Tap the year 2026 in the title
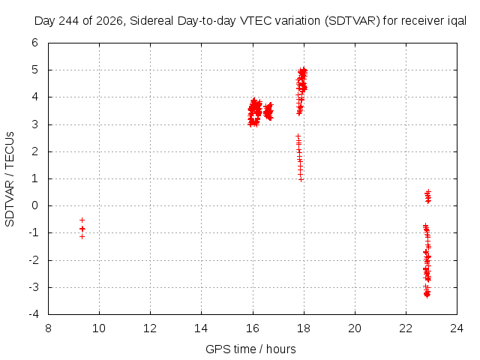109,21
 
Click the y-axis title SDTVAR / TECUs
10,179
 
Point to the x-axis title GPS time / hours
250,349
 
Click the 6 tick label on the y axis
35,43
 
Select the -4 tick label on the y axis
33,314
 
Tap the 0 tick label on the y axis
35,205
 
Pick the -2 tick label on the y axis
33,260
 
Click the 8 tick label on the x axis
48,328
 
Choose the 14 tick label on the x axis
201,328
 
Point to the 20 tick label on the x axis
355,328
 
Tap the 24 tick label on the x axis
457,328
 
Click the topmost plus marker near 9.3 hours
82,220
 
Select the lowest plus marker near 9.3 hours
82,237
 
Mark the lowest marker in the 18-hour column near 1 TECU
301,180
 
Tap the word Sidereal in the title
151,21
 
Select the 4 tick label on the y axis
35,97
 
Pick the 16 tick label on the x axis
253,328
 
